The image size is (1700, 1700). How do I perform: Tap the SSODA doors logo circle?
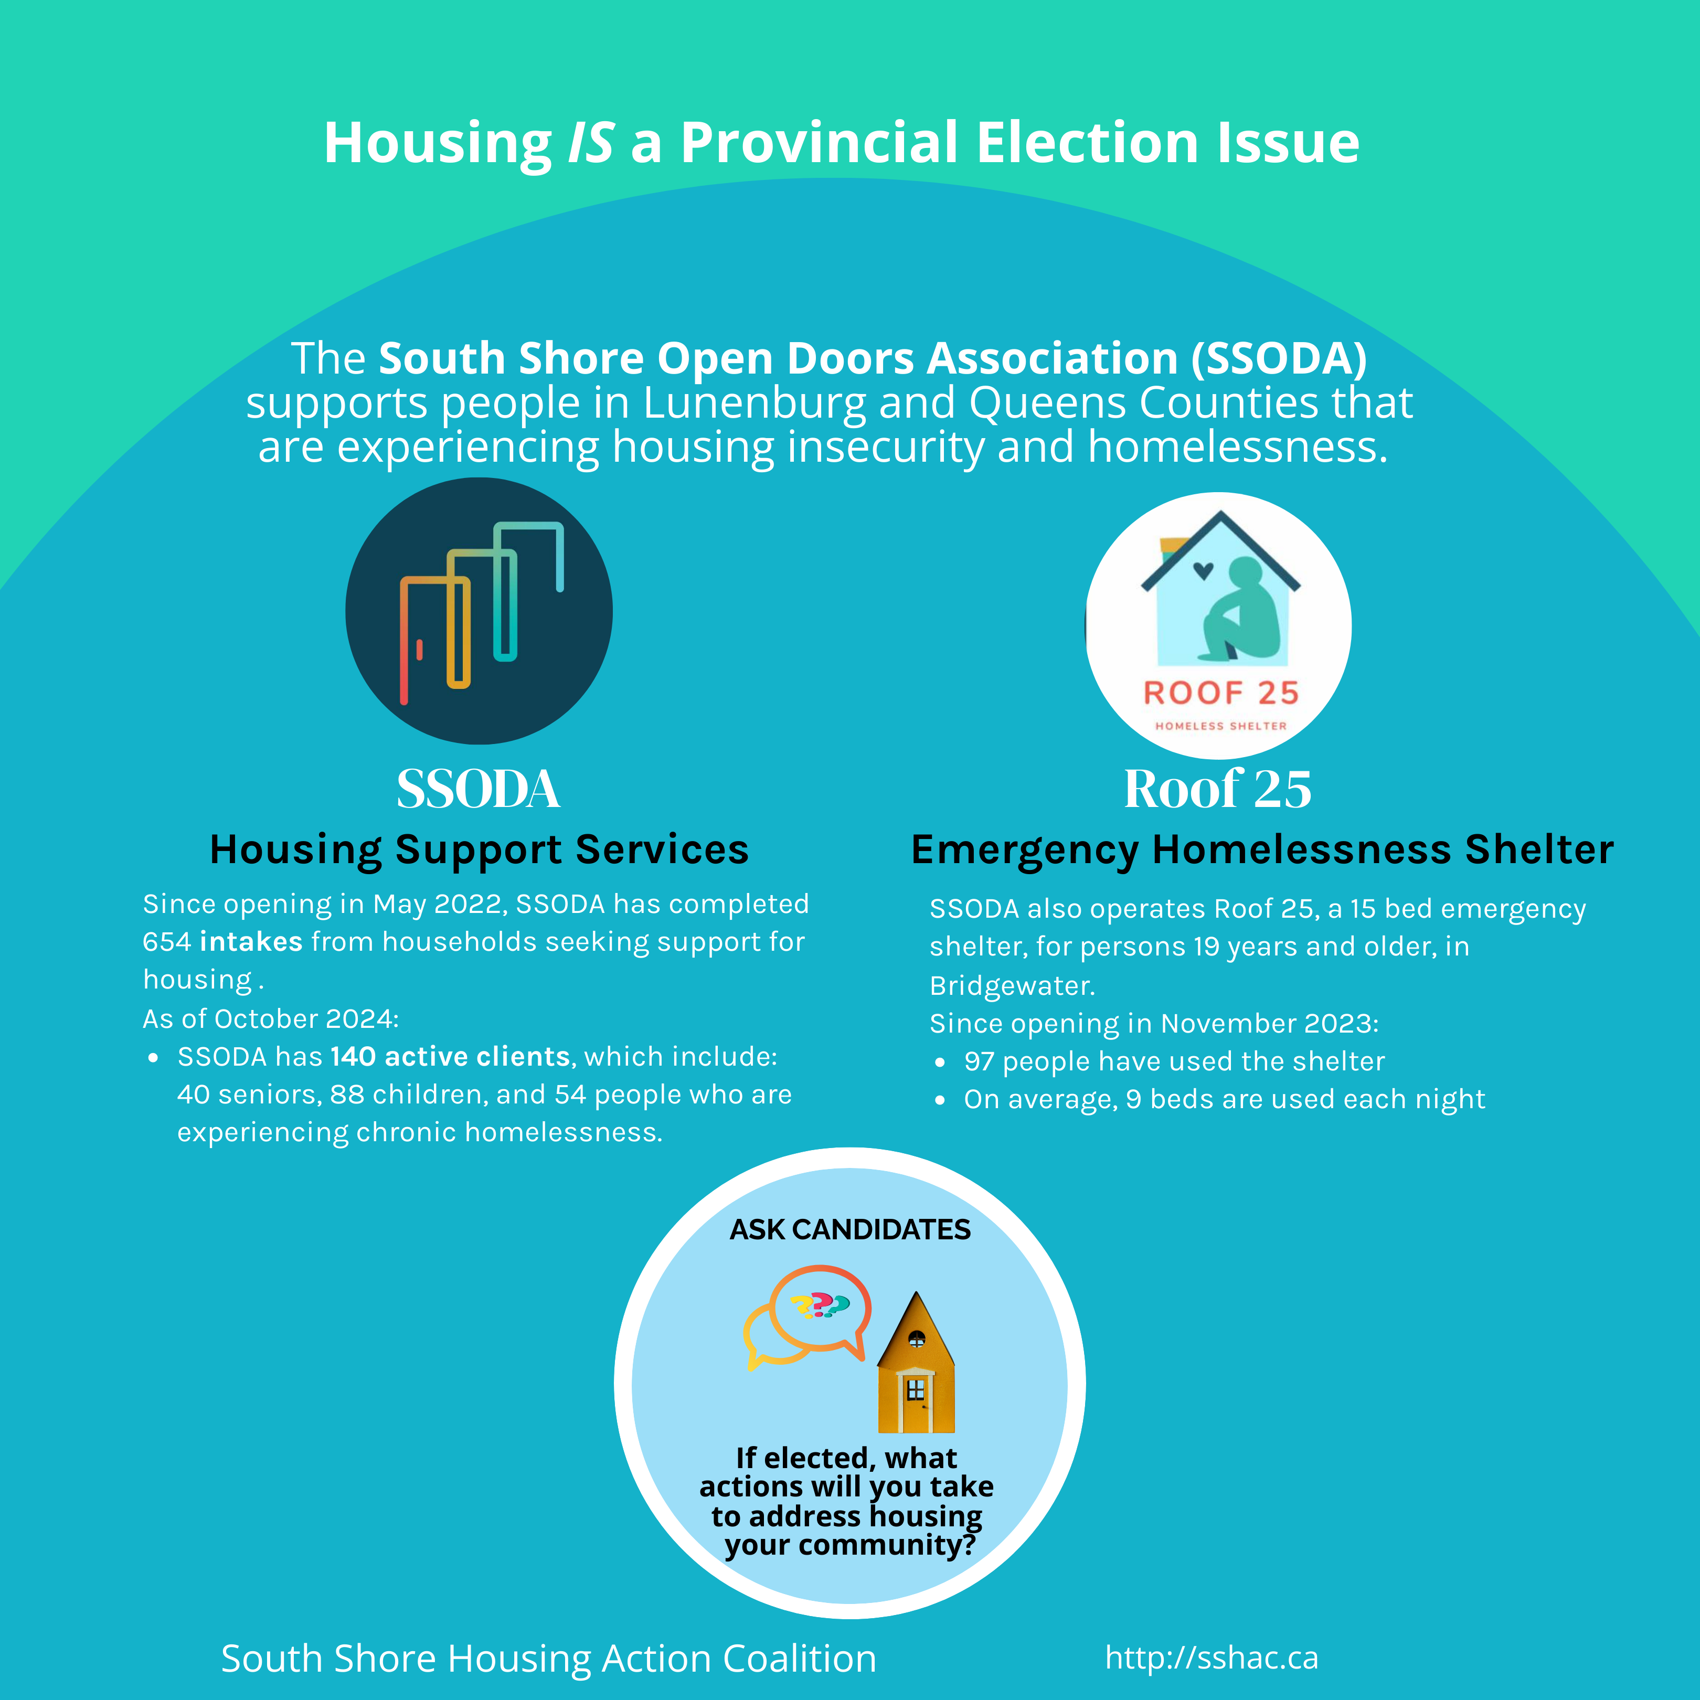[479, 611]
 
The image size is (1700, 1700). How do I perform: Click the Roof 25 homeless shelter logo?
[1219, 625]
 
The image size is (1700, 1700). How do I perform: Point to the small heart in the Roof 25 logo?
[1203, 570]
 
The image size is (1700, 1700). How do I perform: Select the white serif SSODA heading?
[478, 789]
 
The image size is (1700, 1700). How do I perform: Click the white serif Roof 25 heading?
[1218, 789]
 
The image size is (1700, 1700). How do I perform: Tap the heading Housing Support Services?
[479, 850]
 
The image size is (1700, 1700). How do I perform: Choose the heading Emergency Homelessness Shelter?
[1262, 850]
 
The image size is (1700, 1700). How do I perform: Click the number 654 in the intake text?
[166, 942]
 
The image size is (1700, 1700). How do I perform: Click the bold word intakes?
[251, 942]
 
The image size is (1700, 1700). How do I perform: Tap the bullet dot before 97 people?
[941, 1063]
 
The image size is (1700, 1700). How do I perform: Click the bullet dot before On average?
[941, 1101]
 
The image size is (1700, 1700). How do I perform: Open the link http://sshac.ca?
[1212, 1658]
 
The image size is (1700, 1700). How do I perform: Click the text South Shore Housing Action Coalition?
[548, 1659]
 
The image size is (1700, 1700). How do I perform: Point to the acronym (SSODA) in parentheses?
[1279, 359]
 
